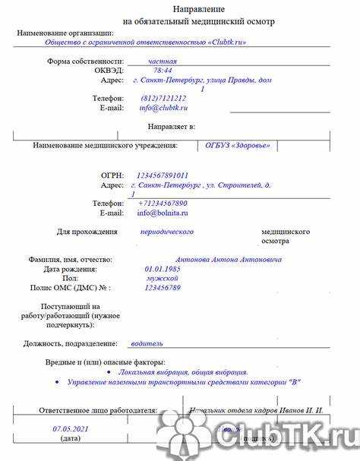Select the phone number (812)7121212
(163, 98)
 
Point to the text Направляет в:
(169, 126)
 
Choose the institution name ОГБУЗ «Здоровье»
(238, 145)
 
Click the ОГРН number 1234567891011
(163, 175)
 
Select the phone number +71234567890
(163, 204)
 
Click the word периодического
(167, 231)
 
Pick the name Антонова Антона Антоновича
(228, 260)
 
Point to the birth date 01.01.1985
(163, 269)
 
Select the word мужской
(163, 278)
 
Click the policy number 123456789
(163, 288)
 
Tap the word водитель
(147, 343)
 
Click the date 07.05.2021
(71, 428)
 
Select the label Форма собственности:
(85, 61)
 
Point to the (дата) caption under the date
(71, 438)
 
